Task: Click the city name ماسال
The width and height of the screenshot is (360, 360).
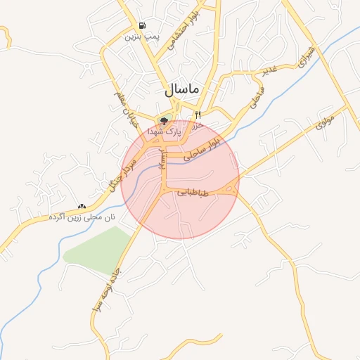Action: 182,91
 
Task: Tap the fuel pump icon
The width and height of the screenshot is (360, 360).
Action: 143,25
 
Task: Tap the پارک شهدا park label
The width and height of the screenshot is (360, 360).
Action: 164,131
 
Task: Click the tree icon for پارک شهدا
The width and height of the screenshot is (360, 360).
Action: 164,121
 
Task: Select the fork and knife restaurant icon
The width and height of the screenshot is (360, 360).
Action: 198,114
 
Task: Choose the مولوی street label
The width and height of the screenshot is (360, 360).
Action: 326,120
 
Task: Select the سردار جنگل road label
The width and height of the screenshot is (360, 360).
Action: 113,172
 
